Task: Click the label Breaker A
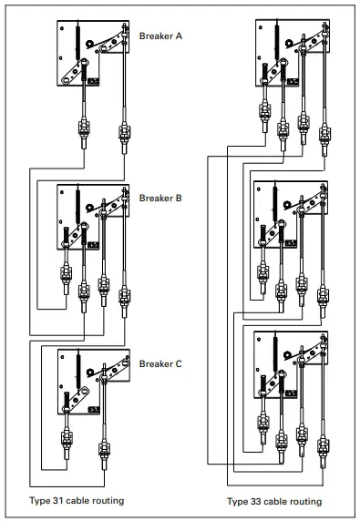pyautogui.click(x=160, y=36)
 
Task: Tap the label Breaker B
pyautogui.click(x=160, y=197)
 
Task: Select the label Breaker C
pyautogui.click(x=160, y=364)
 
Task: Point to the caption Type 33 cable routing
pyautogui.click(x=273, y=501)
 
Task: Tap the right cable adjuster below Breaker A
pyautogui.click(x=123, y=132)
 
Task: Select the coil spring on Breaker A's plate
pyautogui.click(x=77, y=41)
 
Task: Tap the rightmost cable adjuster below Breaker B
pyautogui.click(x=123, y=297)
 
